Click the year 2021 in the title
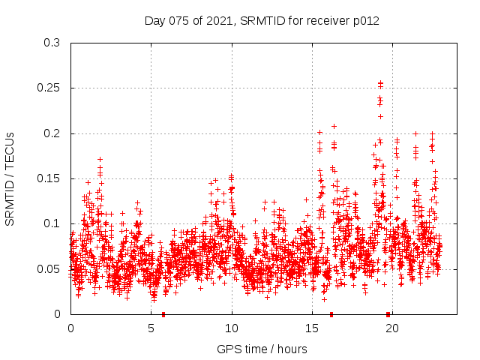(216, 21)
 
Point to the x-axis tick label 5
(151, 328)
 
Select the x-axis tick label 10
(232, 328)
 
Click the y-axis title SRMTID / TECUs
(10, 178)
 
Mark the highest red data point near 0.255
(380, 83)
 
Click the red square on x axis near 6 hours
(163, 313)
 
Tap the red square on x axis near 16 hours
(331, 313)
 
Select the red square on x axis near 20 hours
(388, 313)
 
